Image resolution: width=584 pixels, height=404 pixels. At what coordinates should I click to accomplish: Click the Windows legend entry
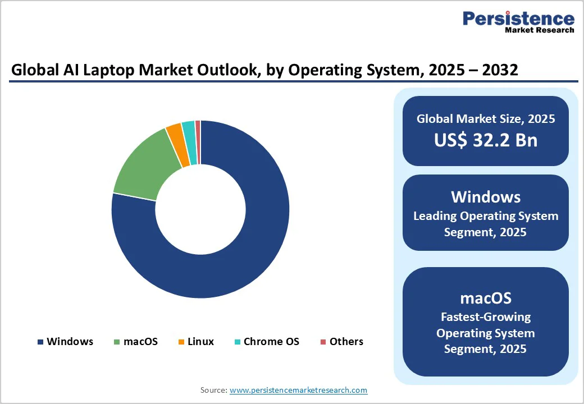tap(65, 342)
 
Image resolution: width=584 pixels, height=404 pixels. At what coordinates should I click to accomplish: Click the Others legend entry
tap(341, 342)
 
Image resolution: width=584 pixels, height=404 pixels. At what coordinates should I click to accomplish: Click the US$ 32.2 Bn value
tap(485, 140)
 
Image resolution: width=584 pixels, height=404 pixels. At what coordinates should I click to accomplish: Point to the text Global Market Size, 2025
tap(485, 119)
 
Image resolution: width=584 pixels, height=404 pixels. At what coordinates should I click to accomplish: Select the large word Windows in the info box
tap(485, 197)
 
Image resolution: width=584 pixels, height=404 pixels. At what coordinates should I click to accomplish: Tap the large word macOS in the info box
tap(485, 297)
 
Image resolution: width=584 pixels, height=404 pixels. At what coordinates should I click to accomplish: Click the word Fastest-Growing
tap(485, 317)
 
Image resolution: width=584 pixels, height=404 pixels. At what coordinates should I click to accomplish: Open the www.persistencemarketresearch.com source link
tap(298, 390)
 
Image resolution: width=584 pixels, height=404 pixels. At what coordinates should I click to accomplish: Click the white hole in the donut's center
tap(200, 209)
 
